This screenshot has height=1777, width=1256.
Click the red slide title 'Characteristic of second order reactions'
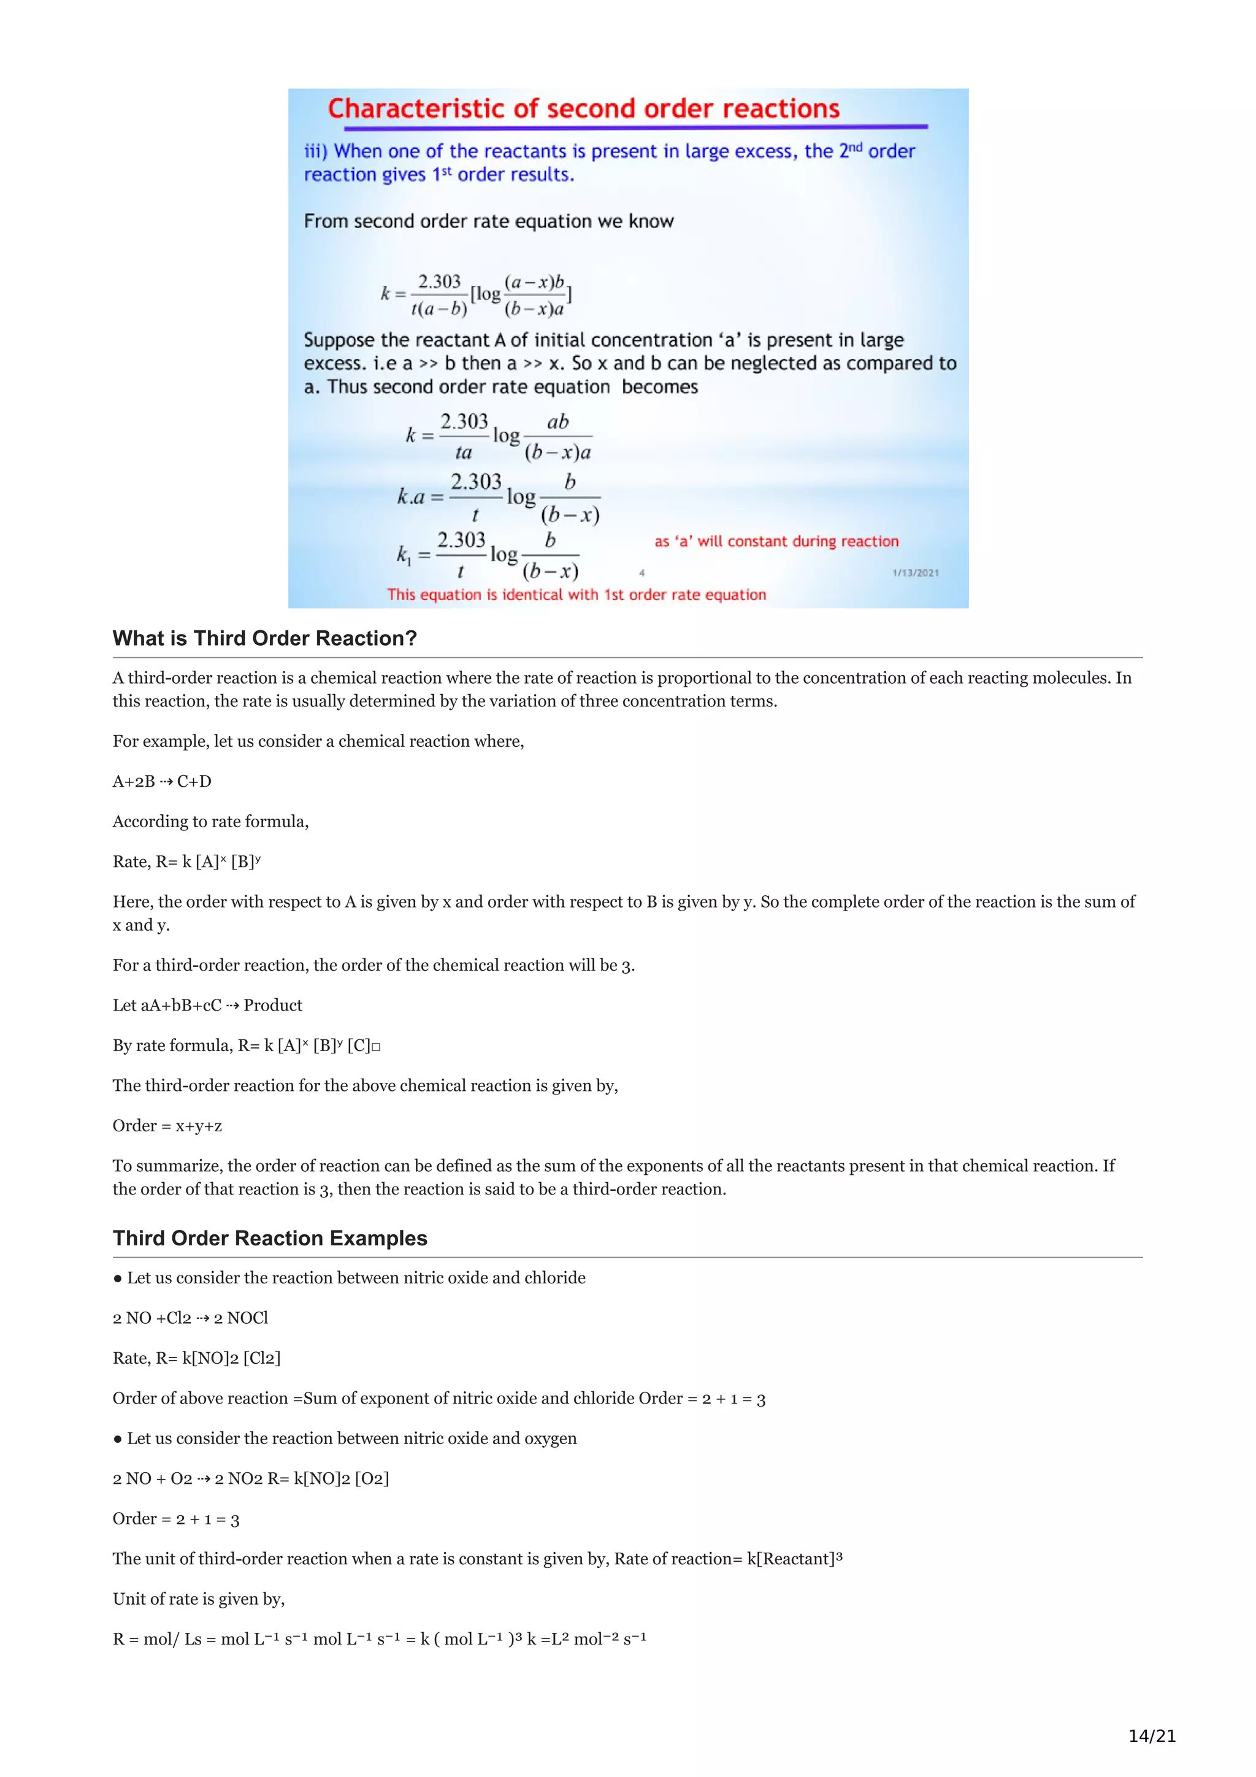pyautogui.click(x=583, y=109)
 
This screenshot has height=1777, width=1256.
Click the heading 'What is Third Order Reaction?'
pyautogui.click(x=265, y=638)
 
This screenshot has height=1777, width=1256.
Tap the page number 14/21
pyautogui.click(x=1152, y=1735)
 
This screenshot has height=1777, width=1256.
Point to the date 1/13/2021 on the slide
pyautogui.click(x=916, y=573)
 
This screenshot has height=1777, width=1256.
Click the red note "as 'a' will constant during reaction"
pyautogui.click(x=776, y=541)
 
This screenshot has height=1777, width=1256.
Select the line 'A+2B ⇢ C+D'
pyautogui.click(x=162, y=781)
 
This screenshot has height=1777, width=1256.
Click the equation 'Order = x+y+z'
pyautogui.click(x=167, y=1125)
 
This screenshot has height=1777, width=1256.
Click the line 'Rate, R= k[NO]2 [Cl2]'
pyautogui.click(x=197, y=1358)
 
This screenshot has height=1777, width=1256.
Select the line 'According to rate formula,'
pyautogui.click(x=210, y=821)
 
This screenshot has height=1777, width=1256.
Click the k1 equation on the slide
pyautogui.click(x=488, y=555)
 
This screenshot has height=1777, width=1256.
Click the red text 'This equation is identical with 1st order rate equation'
pyautogui.click(x=576, y=594)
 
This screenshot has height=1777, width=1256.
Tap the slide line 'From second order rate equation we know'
pyautogui.click(x=488, y=221)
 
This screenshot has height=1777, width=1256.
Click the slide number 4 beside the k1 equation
pyautogui.click(x=641, y=573)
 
